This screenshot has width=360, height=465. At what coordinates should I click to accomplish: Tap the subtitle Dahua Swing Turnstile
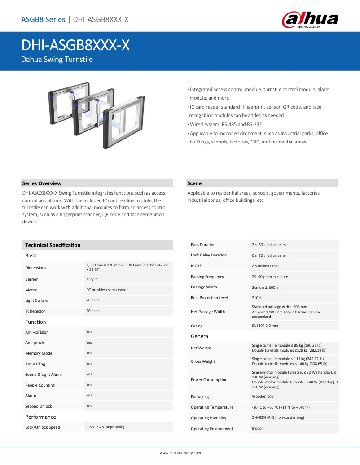pos(57,59)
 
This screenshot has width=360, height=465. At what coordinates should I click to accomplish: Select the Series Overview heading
pos(42,183)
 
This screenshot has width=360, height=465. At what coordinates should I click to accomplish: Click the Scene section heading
pos(194,183)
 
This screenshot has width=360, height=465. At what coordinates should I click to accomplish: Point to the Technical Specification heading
pos(53,245)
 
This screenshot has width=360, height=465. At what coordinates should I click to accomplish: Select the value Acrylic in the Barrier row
pos(92,279)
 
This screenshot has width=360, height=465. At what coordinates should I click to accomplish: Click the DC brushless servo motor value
pos(107,290)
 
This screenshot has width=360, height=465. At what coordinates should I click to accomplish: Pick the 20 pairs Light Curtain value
pos(93,300)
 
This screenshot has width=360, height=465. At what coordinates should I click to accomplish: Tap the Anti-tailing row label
pos(35,364)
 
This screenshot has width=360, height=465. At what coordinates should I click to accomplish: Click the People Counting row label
pos(40,385)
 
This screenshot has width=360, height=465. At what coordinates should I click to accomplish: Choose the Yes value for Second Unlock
pos(89,406)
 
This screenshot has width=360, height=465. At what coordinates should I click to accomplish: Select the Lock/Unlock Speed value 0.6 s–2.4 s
pos(105,427)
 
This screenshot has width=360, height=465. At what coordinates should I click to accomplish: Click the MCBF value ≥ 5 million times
pos(265,266)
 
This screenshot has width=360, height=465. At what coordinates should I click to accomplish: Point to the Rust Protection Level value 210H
pos(256,298)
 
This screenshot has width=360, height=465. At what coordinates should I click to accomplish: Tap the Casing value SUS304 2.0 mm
pos(265,326)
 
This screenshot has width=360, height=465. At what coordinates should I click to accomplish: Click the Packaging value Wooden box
pos(262,396)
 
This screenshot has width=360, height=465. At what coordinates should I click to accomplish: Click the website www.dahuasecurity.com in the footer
pos(180,453)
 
